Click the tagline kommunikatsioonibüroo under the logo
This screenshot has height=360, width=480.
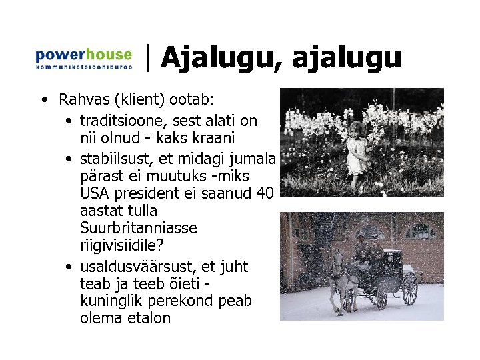pos(83,67)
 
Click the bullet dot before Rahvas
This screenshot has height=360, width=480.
pos(43,101)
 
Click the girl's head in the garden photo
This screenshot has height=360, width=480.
pos(359,130)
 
